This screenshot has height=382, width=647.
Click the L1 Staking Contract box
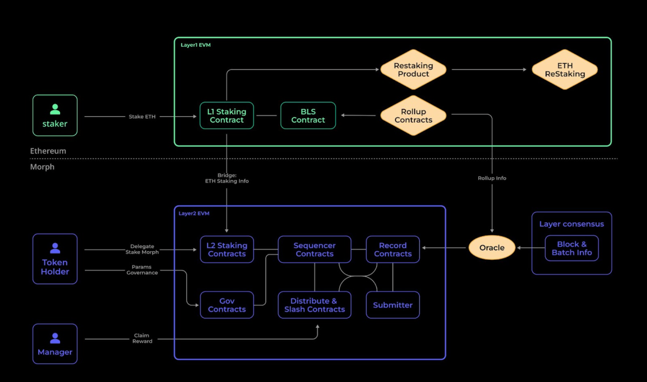tap(226, 115)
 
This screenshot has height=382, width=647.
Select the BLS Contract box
tap(308, 115)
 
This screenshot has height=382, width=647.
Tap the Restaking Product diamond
tap(413, 70)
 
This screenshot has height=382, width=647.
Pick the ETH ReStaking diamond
tap(565, 70)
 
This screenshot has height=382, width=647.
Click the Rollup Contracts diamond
tap(413, 115)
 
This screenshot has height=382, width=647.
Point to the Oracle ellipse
tap(492, 248)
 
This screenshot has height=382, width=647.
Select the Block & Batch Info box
tap(572, 248)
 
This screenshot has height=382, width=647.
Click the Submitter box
tap(393, 305)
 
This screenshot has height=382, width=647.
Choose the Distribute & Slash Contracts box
tap(314, 305)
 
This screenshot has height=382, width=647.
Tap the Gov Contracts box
tap(227, 305)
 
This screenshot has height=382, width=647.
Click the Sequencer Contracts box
tap(314, 249)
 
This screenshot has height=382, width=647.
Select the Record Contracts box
tap(393, 249)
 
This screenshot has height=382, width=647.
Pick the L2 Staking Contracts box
tap(227, 249)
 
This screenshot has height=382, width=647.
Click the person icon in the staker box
tap(55, 109)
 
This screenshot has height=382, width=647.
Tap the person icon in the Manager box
tap(55, 338)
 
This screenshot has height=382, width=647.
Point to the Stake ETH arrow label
tap(142, 116)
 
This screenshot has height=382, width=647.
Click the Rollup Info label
tap(492, 178)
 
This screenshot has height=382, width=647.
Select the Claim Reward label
tap(142, 338)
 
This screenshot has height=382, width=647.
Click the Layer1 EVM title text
tap(195, 45)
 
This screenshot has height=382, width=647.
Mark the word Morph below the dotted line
tap(42, 167)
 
